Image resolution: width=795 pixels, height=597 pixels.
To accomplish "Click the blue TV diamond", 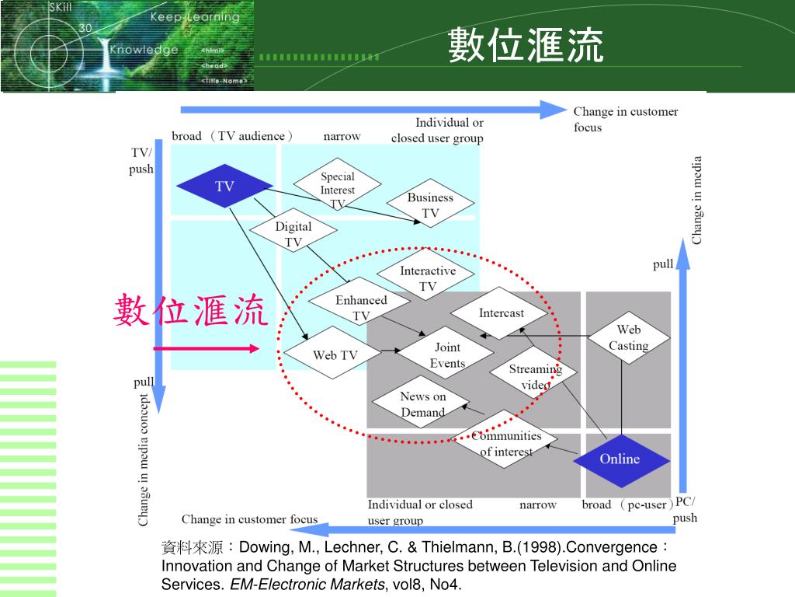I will [x=224, y=187].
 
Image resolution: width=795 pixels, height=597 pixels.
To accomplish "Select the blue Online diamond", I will [x=620, y=459].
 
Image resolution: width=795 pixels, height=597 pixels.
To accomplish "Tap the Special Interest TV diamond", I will [x=338, y=188].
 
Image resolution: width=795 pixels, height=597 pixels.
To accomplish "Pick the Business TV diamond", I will [x=430, y=205].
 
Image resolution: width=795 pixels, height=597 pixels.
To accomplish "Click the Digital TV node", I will [x=293, y=234].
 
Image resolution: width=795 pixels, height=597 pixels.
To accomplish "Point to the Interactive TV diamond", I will [x=428, y=278].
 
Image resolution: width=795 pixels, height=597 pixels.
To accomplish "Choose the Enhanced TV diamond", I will [x=361, y=307].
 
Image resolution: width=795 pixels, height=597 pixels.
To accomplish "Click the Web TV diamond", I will [x=335, y=355].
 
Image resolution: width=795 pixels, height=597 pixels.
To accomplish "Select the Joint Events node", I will [x=447, y=355].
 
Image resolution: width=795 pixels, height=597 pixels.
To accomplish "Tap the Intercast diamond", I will [x=502, y=313].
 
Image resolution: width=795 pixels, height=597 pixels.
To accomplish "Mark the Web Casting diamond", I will [x=628, y=337].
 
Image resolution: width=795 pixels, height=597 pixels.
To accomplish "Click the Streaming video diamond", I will [x=535, y=376].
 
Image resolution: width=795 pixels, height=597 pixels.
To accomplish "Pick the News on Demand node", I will [x=422, y=404].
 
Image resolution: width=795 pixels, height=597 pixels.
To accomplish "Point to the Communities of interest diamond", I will [x=506, y=443].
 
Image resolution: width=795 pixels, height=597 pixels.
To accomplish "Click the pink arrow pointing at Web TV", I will [x=206, y=349].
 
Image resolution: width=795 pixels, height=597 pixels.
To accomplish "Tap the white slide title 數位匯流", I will [x=526, y=46].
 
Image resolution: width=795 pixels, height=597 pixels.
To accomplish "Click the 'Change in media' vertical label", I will [x=697, y=201].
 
